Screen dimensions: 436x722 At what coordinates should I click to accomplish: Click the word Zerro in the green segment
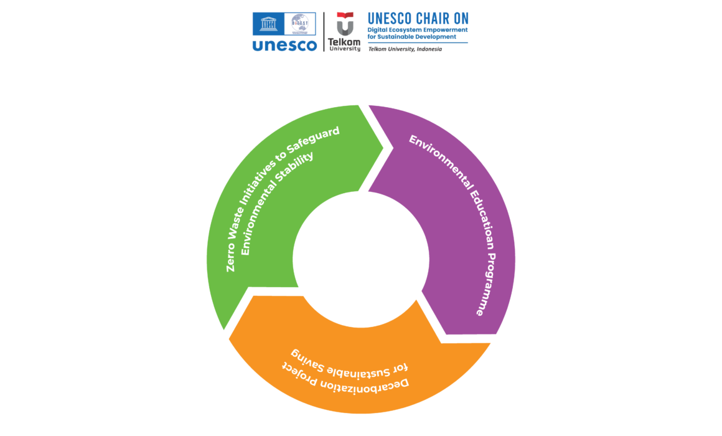click(x=232, y=258)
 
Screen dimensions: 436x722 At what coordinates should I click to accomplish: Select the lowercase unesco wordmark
click(x=284, y=45)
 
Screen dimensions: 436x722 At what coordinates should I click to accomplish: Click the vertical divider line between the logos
click(x=324, y=31)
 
